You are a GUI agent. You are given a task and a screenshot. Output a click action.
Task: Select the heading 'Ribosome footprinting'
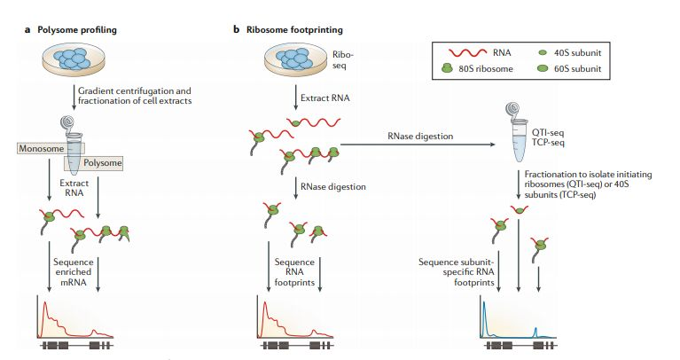pos(290,30)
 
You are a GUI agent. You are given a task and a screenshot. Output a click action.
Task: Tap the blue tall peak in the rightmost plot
pos(484,319)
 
